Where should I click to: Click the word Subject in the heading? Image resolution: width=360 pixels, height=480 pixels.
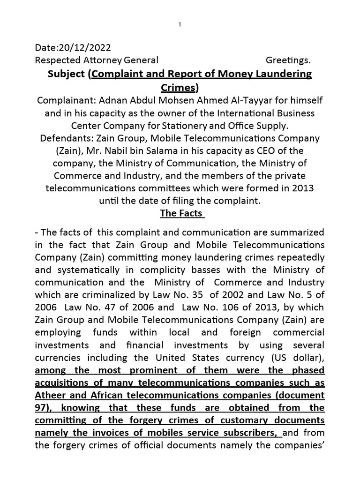pyautogui.click(x=66, y=74)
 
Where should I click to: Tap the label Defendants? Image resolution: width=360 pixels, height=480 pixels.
pyautogui.click(x=61, y=139)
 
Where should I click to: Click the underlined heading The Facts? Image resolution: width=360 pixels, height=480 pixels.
pyautogui.click(x=181, y=213)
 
